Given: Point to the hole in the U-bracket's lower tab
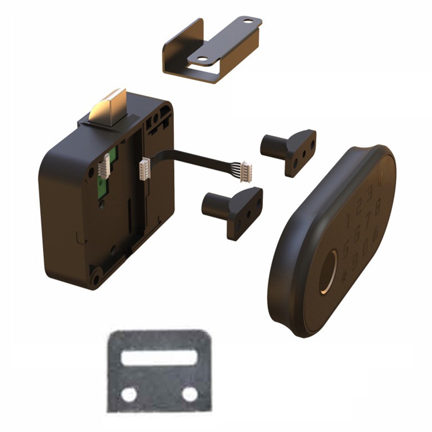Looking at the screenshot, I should click(202, 60).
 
